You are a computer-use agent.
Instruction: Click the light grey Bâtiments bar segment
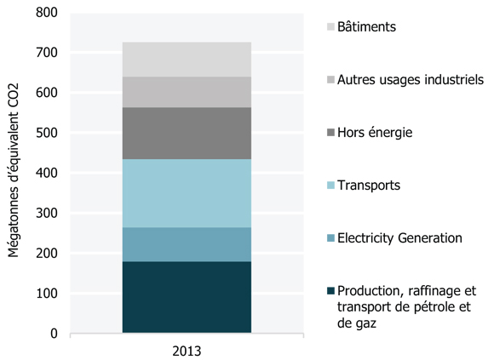coord(187,60)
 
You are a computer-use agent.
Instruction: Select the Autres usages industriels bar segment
coord(187,92)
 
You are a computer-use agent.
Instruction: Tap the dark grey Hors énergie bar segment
coord(187,134)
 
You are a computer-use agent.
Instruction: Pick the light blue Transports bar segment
coord(187,193)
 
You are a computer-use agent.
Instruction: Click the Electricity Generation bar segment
coord(187,244)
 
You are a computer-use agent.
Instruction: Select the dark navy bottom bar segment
coord(187,297)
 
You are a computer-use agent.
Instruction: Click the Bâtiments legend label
coord(366,27)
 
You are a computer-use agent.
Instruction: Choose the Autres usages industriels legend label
coord(410,80)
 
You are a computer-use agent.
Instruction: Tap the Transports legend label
coord(368,185)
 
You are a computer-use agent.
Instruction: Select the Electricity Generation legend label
coord(399,237)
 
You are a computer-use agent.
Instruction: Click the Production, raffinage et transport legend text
coord(406,306)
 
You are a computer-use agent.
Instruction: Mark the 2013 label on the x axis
coord(187,349)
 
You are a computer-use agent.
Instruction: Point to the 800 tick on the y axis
coord(46,13)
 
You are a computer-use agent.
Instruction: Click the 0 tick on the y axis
coord(53,334)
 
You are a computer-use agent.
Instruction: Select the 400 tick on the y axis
coord(46,173)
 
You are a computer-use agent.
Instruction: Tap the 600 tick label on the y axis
coord(46,93)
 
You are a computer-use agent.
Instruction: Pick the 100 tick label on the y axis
coord(46,294)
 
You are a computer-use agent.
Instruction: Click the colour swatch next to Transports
coord(330,186)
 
